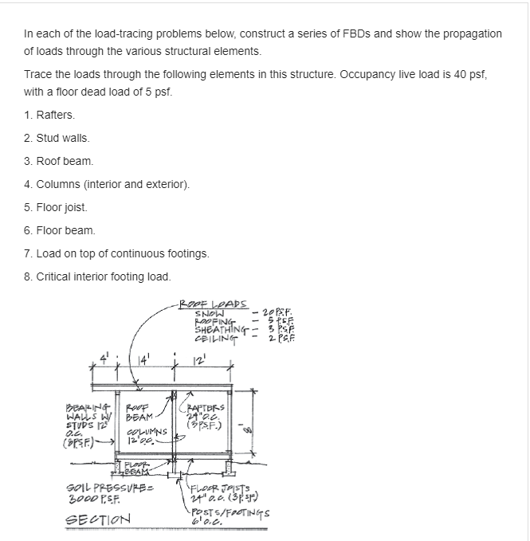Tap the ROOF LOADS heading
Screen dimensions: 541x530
click(214, 304)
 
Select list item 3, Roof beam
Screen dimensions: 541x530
click(59, 161)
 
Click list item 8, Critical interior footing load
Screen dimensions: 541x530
click(97, 276)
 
